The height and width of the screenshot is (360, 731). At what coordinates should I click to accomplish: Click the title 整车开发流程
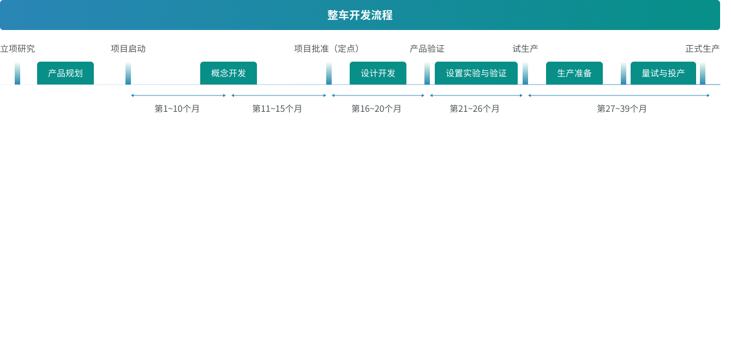point(360,15)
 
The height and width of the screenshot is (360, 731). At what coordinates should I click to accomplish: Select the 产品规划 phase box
point(65,73)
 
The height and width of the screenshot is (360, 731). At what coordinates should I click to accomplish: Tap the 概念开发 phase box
point(229,73)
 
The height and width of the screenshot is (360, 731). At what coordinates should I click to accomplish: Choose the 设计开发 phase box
point(378,73)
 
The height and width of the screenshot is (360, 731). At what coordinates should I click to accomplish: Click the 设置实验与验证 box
point(476,73)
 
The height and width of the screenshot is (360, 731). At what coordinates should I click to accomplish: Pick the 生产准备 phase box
point(574,73)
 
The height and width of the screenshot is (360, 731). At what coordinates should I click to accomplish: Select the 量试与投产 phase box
point(663,73)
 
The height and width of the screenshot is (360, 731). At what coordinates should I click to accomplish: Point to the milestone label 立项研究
point(17,49)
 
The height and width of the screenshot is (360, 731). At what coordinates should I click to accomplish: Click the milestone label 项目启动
point(128,49)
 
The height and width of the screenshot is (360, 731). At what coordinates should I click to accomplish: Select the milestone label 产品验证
point(427,49)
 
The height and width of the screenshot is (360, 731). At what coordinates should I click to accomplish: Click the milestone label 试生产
point(525,49)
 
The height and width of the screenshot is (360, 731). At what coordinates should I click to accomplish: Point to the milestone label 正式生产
point(702,49)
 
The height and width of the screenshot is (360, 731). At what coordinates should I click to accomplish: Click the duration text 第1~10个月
point(177,109)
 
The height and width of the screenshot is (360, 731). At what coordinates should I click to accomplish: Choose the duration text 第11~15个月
point(277,109)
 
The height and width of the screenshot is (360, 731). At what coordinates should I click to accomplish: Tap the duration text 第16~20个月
point(376,109)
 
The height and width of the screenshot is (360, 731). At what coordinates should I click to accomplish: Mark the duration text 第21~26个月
point(475,109)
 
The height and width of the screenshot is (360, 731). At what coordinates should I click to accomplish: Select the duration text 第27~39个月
point(622,109)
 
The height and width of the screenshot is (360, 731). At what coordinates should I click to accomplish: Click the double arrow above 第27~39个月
point(619,95)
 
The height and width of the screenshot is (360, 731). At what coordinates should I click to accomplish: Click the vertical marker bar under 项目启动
point(128,73)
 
